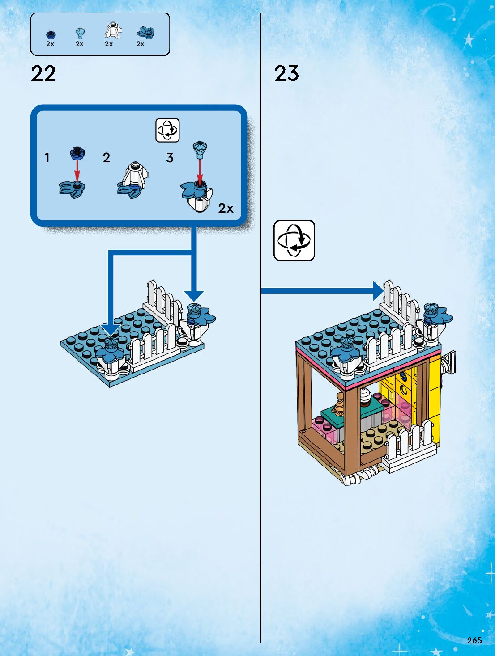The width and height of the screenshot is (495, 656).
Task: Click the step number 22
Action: point(43,74)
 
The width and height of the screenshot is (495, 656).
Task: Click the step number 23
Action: point(286,74)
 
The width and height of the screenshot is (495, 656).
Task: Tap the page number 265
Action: point(474,640)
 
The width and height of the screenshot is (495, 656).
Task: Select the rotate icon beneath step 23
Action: point(294,240)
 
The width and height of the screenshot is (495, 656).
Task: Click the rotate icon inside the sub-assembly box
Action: point(167,130)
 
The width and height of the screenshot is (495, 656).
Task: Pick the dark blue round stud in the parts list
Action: point(51,34)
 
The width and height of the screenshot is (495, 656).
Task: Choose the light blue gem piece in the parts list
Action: point(80,33)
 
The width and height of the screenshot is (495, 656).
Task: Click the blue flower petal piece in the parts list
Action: point(145,33)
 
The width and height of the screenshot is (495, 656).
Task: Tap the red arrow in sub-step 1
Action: point(77,170)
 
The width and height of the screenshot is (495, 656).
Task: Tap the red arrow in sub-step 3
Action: point(200,170)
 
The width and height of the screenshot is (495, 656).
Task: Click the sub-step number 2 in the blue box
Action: point(107,158)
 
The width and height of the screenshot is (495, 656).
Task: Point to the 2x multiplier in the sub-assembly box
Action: point(226,208)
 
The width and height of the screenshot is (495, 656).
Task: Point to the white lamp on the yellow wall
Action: point(449,363)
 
